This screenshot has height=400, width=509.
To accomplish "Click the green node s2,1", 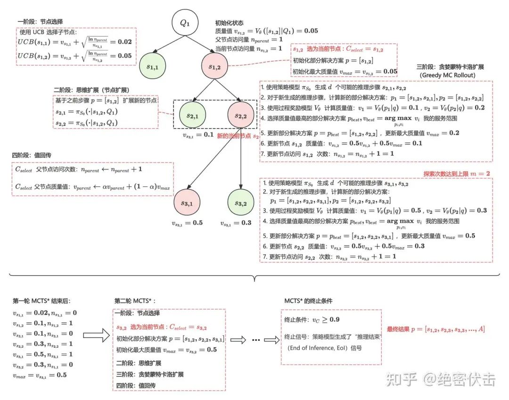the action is tap(192, 115).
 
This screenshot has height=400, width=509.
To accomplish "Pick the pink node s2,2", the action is tap(240, 115).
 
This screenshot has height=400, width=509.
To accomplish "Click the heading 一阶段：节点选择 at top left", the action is tap(40, 21).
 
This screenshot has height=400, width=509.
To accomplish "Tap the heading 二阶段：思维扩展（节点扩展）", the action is tap(92, 90).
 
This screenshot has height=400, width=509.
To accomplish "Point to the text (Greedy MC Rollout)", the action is tap(447, 75).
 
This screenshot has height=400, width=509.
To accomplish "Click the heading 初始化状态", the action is tap(230, 22).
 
